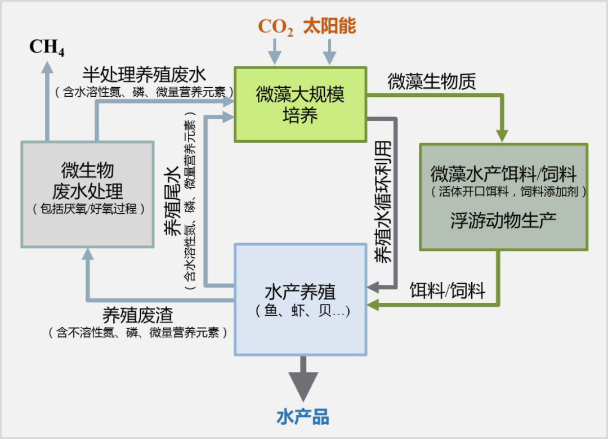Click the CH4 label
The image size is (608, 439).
(47, 47)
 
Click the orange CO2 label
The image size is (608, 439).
(275, 27)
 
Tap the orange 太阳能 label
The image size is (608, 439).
(329, 26)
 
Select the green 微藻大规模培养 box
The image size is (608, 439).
(300, 104)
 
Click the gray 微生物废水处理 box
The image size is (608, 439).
(87, 194)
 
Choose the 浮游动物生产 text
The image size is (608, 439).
(503, 220)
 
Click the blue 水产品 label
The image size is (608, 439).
(303, 416)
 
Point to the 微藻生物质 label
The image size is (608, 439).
(432, 82)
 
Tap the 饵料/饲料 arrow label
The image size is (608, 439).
(447, 290)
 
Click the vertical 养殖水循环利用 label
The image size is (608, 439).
(384, 200)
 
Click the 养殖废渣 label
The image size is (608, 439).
(137, 315)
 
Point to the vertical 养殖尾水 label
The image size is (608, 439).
(172, 200)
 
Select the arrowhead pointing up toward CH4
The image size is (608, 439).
(47, 67)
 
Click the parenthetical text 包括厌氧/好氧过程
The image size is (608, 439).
(88, 209)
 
